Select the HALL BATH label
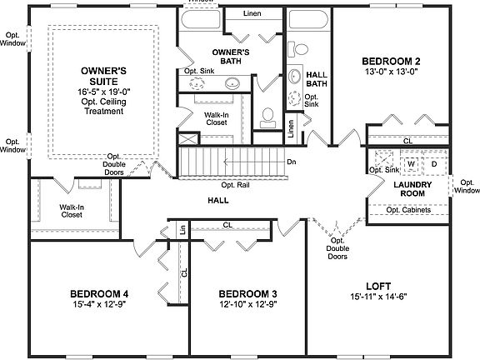[317, 77]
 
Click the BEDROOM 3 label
[247, 294]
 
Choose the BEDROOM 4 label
[99, 294]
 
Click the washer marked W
[411, 163]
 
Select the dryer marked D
[433, 163]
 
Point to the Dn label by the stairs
[292, 162]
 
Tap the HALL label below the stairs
[219, 201]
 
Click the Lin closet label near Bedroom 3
[181, 229]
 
